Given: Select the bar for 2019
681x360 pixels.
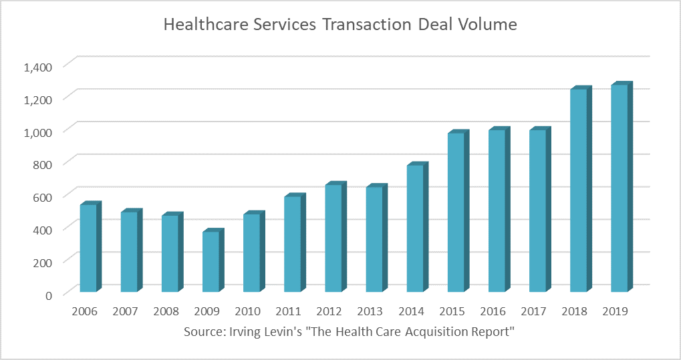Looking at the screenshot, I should pyautogui.click(x=620, y=188).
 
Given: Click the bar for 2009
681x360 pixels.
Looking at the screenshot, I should pyautogui.click(x=211, y=261).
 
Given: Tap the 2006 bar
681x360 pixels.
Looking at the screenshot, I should pyautogui.click(x=89, y=248).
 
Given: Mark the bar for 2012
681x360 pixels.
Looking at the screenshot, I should pyautogui.click(x=334, y=238).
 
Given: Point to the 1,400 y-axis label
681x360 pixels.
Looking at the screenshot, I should pyautogui.click(x=37, y=66).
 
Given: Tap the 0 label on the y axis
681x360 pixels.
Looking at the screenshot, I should pyautogui.click(x=49, y=294).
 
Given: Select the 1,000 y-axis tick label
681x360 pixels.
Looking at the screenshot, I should pyautogui.click(x=37, y=132).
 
